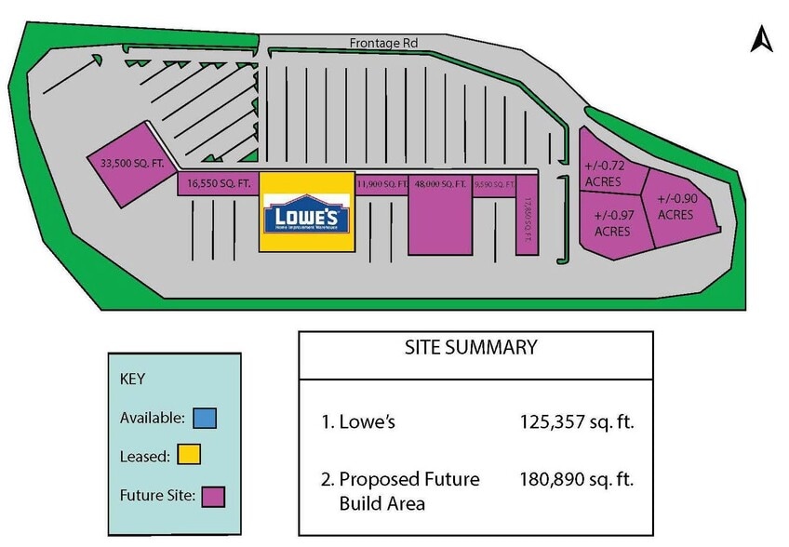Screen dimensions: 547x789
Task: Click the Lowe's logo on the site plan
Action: click(x=307, y=214)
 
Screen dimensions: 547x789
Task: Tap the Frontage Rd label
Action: click(x=383, y=43)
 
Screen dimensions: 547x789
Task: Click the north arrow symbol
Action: click(x=762, y=40)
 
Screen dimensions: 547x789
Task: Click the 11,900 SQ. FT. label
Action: click(x=381, y=184)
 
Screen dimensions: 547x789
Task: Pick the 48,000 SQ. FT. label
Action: click(x=440, y=184)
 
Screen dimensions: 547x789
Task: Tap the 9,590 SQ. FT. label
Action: click(x=494, y=184)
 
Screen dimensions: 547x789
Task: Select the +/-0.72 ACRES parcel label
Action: click(x=603, y=173)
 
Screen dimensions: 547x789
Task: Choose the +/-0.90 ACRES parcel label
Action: click(x=676, y=207)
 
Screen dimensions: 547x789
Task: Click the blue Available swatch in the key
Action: click(x=206, y=418)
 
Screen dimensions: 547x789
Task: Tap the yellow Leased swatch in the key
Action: click(x=190, y=456)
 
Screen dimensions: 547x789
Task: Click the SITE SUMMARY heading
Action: click(x=471, y=348)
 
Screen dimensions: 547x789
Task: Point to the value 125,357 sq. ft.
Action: click(x=577, y=421)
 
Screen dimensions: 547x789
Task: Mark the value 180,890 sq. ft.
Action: click(x=577, y=479)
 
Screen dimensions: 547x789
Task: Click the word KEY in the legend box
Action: click(x=134, y=380)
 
